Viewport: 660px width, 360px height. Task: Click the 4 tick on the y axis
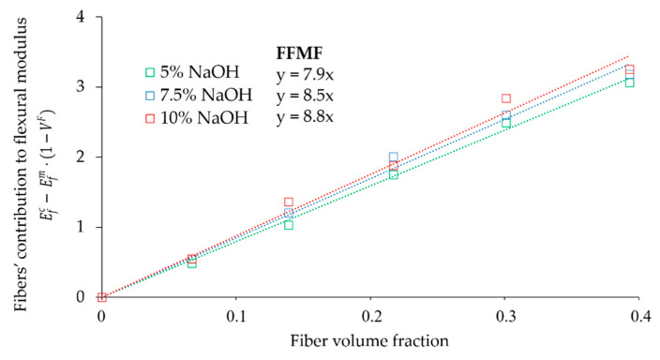coord(83,17)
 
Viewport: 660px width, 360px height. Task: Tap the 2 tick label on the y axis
coord(83,157)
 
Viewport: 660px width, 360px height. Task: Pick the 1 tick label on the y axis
coord(83,227)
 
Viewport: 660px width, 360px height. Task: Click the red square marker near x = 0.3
coord(506,98)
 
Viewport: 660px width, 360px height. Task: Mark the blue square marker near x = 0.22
coord(394,157)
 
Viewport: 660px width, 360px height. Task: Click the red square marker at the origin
coord(102,297)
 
